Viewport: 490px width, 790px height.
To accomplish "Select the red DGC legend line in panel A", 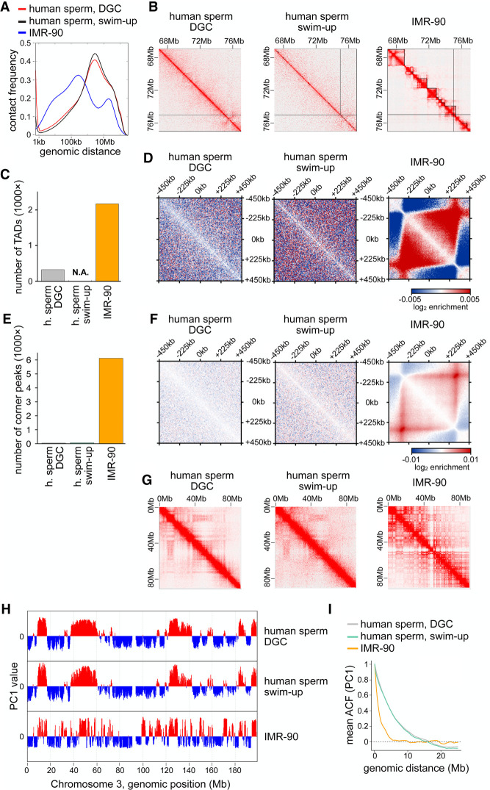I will [x=13, y=9].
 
